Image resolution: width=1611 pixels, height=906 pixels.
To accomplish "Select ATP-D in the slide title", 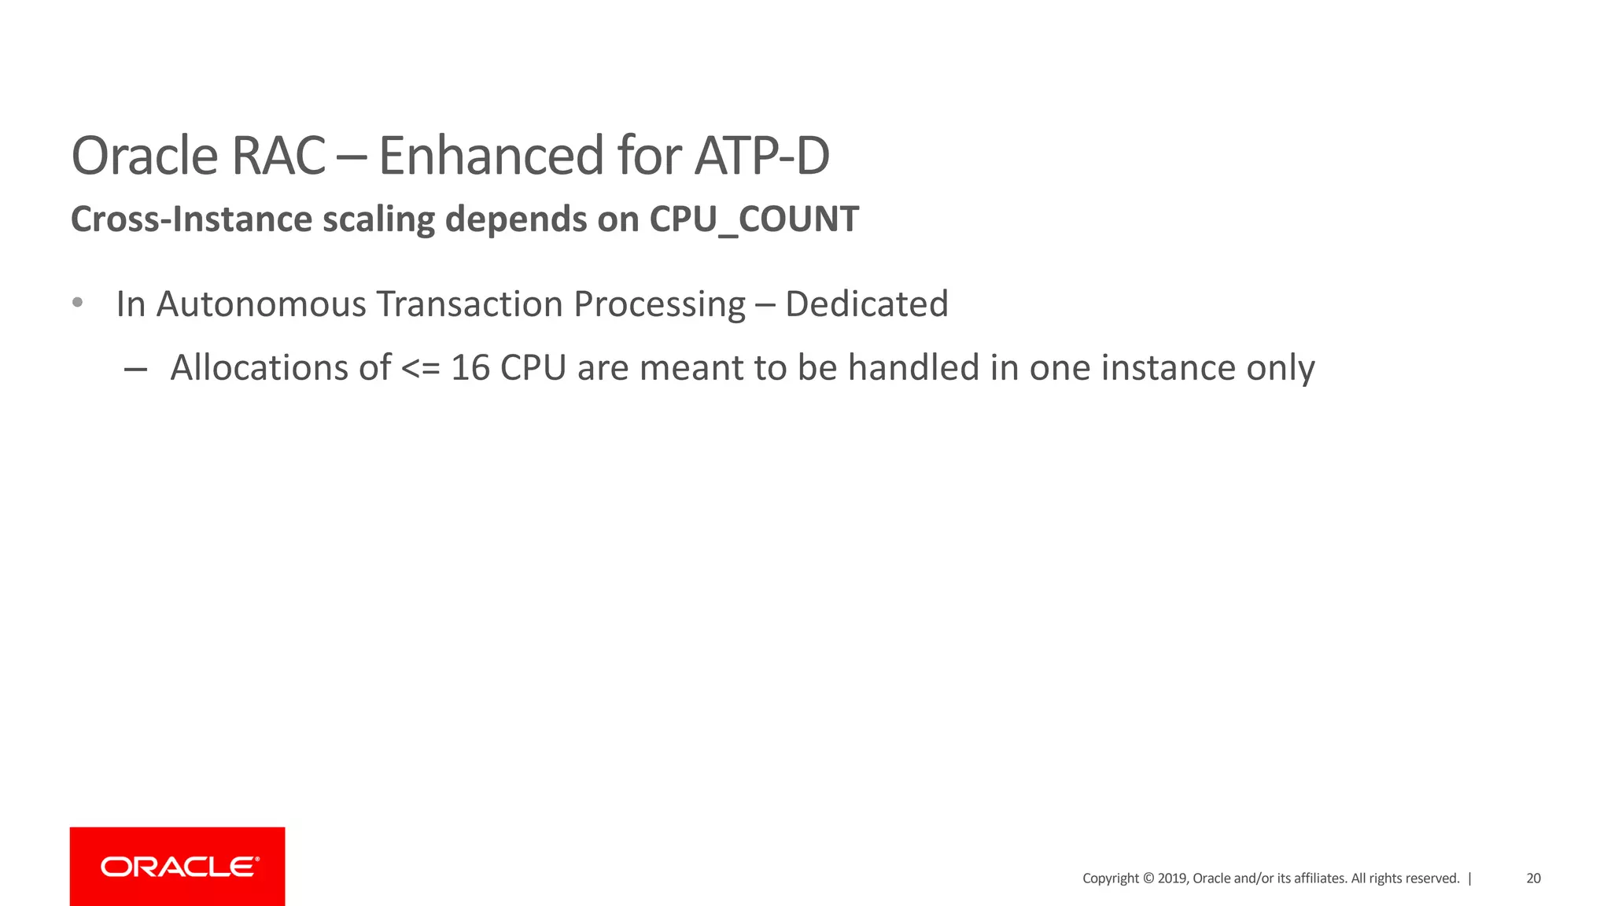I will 761,156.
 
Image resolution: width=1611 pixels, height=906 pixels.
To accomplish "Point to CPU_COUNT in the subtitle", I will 754,219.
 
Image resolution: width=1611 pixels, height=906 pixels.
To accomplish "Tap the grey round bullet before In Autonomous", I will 77,303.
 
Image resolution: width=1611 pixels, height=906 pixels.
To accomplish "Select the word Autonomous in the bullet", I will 261,304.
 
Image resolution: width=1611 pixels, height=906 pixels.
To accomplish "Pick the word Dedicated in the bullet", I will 867,304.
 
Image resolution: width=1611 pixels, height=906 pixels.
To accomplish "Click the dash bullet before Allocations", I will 135,369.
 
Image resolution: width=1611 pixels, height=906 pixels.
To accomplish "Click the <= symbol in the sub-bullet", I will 421,369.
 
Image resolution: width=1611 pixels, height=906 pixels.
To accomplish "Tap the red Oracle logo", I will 178,867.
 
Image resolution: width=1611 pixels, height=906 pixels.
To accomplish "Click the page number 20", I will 1533,878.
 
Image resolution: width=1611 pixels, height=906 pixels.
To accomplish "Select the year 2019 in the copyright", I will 1172,878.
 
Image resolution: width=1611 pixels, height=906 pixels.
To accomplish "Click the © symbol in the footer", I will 1148,878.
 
